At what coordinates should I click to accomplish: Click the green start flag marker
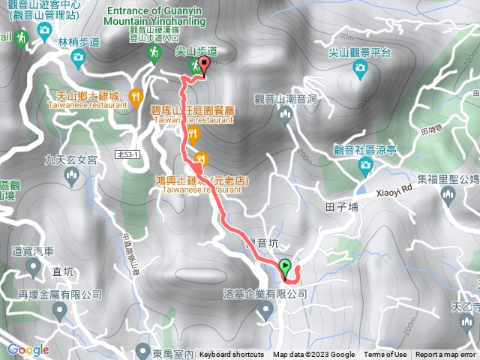tap(286, 267)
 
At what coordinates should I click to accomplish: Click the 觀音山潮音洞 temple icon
tap(284, 114)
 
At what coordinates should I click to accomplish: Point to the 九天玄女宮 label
tap(71, 159)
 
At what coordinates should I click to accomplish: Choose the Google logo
tap(28, 349)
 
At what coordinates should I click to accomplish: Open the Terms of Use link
tap(385, 355)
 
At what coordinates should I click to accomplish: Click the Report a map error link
tap(446, 355)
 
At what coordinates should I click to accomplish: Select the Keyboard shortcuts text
tap(232, 355)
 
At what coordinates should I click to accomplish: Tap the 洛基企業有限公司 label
tap(265, 295)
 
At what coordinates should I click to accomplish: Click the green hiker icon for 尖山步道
tap(194, 67)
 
